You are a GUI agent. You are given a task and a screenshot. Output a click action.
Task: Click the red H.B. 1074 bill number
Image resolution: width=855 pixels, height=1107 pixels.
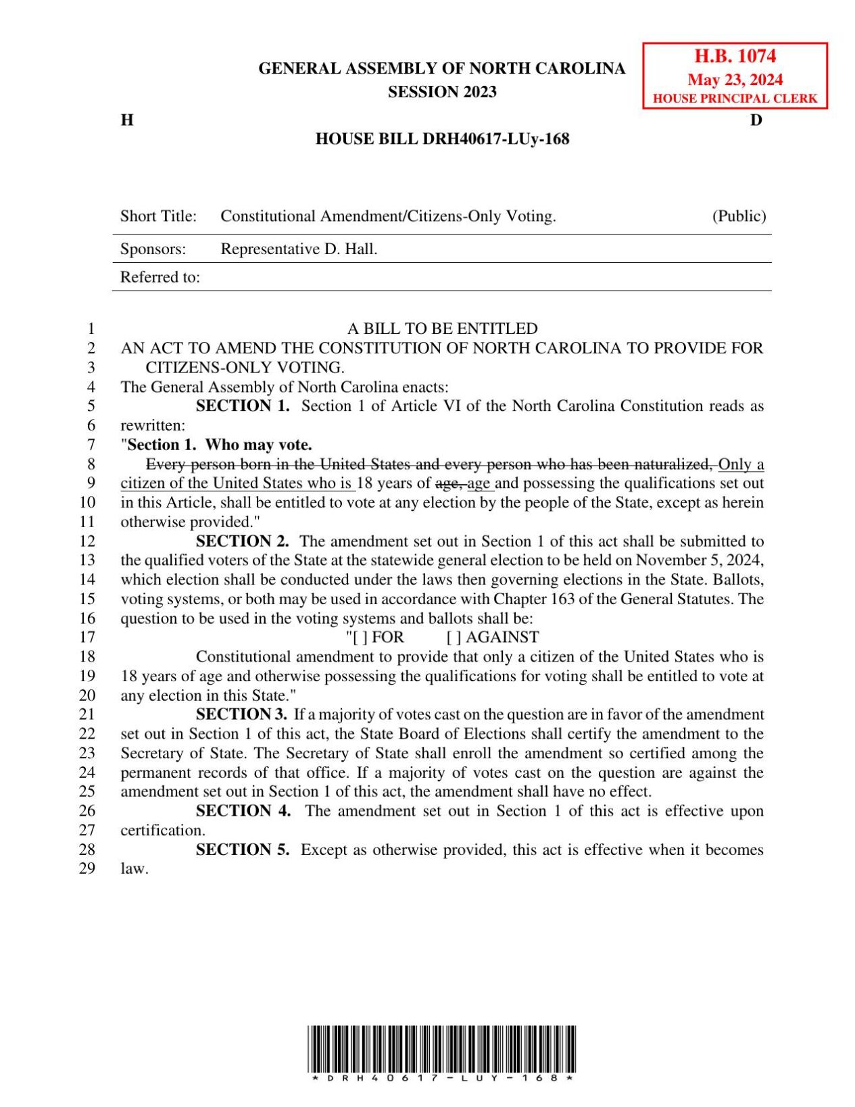pos(735,56)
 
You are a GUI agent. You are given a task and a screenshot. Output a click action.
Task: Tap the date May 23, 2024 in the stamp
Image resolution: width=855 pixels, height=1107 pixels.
pos(735,80)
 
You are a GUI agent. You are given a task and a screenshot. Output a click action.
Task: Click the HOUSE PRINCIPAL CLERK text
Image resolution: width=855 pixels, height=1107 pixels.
pos(735,99)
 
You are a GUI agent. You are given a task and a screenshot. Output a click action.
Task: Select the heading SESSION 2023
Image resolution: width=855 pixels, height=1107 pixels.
pos(442,92)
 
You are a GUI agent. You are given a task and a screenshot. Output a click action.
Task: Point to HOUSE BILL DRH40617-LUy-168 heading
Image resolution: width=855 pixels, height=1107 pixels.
pos(442,139)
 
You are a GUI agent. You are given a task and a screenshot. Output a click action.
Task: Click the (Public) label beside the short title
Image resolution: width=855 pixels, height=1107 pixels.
pos(739,216)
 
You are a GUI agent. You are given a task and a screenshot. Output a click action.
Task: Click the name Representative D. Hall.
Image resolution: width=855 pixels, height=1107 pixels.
pos(299,249)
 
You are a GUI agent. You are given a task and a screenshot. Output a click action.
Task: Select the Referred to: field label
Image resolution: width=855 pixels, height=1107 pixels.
pos(160,278)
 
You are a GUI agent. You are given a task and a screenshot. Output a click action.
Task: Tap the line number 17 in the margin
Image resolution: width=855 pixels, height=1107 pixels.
pos(87,637)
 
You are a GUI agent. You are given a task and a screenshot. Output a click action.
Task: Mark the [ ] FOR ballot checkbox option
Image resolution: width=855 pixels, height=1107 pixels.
pos(376,637)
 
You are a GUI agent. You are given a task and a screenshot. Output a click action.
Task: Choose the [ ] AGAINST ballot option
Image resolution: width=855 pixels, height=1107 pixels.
pos(493,637)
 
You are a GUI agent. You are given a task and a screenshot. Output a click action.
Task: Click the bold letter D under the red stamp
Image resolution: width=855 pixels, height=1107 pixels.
pos(756,120)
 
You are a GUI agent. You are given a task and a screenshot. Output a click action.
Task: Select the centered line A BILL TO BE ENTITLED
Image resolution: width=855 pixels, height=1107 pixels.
pos(442,329)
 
